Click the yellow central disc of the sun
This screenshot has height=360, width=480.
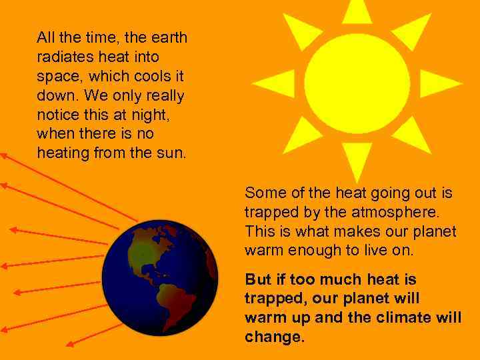357,83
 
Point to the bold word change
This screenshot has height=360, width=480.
274,337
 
